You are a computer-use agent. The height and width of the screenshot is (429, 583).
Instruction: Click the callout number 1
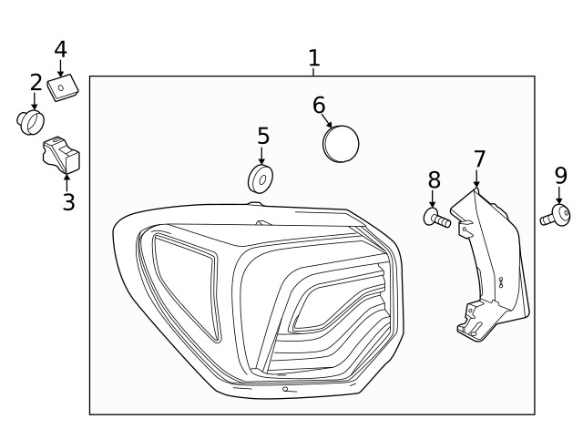click(314, 59)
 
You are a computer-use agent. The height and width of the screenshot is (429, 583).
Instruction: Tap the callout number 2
click(36, 83)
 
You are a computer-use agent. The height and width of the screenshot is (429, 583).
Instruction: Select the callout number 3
click(68, 201)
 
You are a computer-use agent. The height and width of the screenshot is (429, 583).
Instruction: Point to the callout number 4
click(60, 48)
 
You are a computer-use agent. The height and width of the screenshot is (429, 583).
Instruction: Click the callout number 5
click(263, 136)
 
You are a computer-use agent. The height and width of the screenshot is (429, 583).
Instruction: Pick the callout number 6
click(319, 105)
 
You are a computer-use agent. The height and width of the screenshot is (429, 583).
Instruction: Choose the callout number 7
click(479, 158)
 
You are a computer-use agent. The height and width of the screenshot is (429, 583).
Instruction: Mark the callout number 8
click(434, 179)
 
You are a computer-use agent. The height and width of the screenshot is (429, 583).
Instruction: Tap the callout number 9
click(560, 174)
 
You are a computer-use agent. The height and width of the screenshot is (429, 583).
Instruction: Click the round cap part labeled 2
click(32, 121)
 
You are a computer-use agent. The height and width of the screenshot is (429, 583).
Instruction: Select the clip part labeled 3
click(61, 155)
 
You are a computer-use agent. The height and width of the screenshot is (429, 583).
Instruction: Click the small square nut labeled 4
click(63, 88)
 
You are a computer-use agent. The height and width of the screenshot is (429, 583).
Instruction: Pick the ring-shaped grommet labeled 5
click(261, 179)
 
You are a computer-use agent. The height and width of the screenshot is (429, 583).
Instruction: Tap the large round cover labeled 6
click(342, 143)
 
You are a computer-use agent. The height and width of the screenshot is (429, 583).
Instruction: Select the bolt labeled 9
click(555, 217)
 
